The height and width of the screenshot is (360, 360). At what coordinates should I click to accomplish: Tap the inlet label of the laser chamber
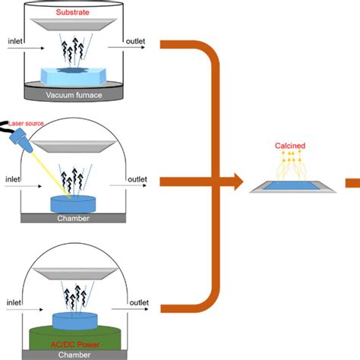tap(14, 180)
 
